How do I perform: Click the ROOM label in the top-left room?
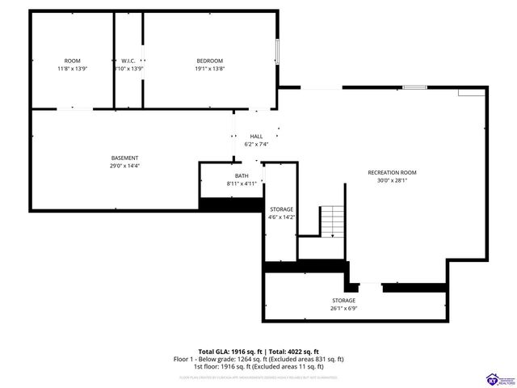73,61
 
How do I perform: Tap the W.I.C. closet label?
128,61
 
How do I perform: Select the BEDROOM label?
210,61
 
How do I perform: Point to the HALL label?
256,136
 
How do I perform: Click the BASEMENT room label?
125,158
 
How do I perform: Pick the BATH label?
242,175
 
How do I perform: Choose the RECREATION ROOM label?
392,172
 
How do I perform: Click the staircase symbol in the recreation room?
332,220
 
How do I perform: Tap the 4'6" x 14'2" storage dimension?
282,217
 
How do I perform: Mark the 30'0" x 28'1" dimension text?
392,180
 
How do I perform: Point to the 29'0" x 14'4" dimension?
125,166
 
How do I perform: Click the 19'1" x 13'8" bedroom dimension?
210,70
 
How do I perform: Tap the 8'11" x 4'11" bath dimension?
242,183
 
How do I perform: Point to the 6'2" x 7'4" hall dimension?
256,144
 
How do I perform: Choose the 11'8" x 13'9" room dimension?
73,70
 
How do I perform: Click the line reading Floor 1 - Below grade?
258,359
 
